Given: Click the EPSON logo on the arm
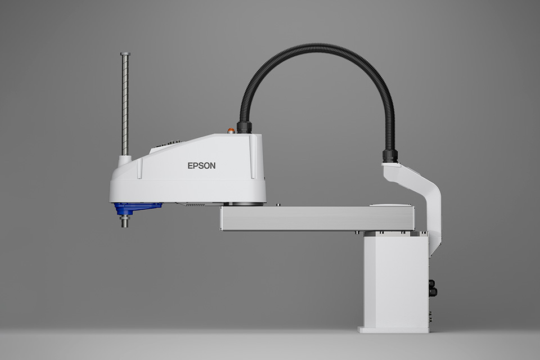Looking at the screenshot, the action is tap(201, 166).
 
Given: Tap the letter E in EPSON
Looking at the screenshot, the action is tap(190, 166).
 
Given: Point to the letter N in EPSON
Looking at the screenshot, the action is tap(213, 166).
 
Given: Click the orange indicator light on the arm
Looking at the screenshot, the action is tap(231, 130).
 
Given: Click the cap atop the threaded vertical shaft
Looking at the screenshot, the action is tap(125, 54).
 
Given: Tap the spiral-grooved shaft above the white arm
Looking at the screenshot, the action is tap(125, 106).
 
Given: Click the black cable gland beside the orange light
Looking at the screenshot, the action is tap(244, 127).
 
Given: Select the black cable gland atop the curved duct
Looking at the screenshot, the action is tap(390, 156).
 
